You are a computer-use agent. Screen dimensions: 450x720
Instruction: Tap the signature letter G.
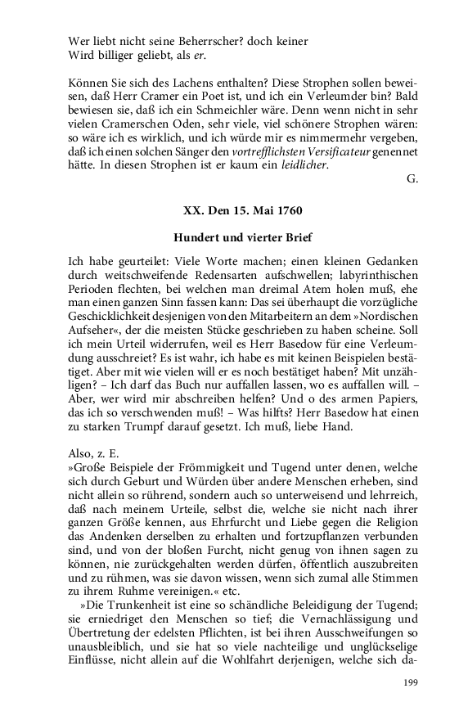412,179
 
